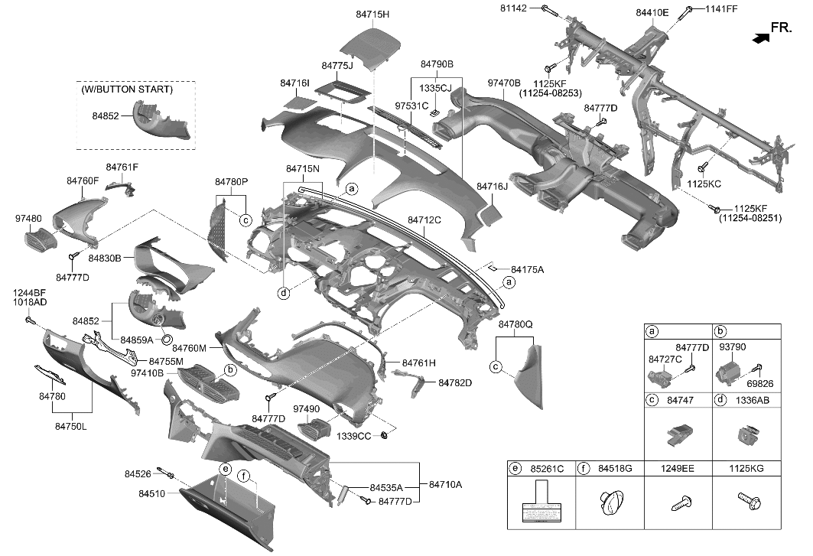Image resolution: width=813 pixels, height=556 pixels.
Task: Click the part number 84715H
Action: click(372, 14)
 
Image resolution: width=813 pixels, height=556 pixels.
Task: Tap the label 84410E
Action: click(652, 13)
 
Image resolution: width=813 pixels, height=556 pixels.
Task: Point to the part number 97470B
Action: click(503, 83)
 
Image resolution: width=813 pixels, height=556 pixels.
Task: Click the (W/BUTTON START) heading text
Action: click(126, 89)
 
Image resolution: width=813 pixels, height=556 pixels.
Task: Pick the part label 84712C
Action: click(424, 219)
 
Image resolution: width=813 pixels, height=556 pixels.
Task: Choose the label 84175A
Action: click(527, 270)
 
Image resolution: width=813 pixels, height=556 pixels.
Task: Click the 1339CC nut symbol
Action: click(386, 435)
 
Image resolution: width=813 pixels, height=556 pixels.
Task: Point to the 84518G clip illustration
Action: click(609, 505)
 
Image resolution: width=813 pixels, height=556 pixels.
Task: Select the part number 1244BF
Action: click(30, 292)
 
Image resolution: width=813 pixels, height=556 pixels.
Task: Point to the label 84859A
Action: click(137, 339)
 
